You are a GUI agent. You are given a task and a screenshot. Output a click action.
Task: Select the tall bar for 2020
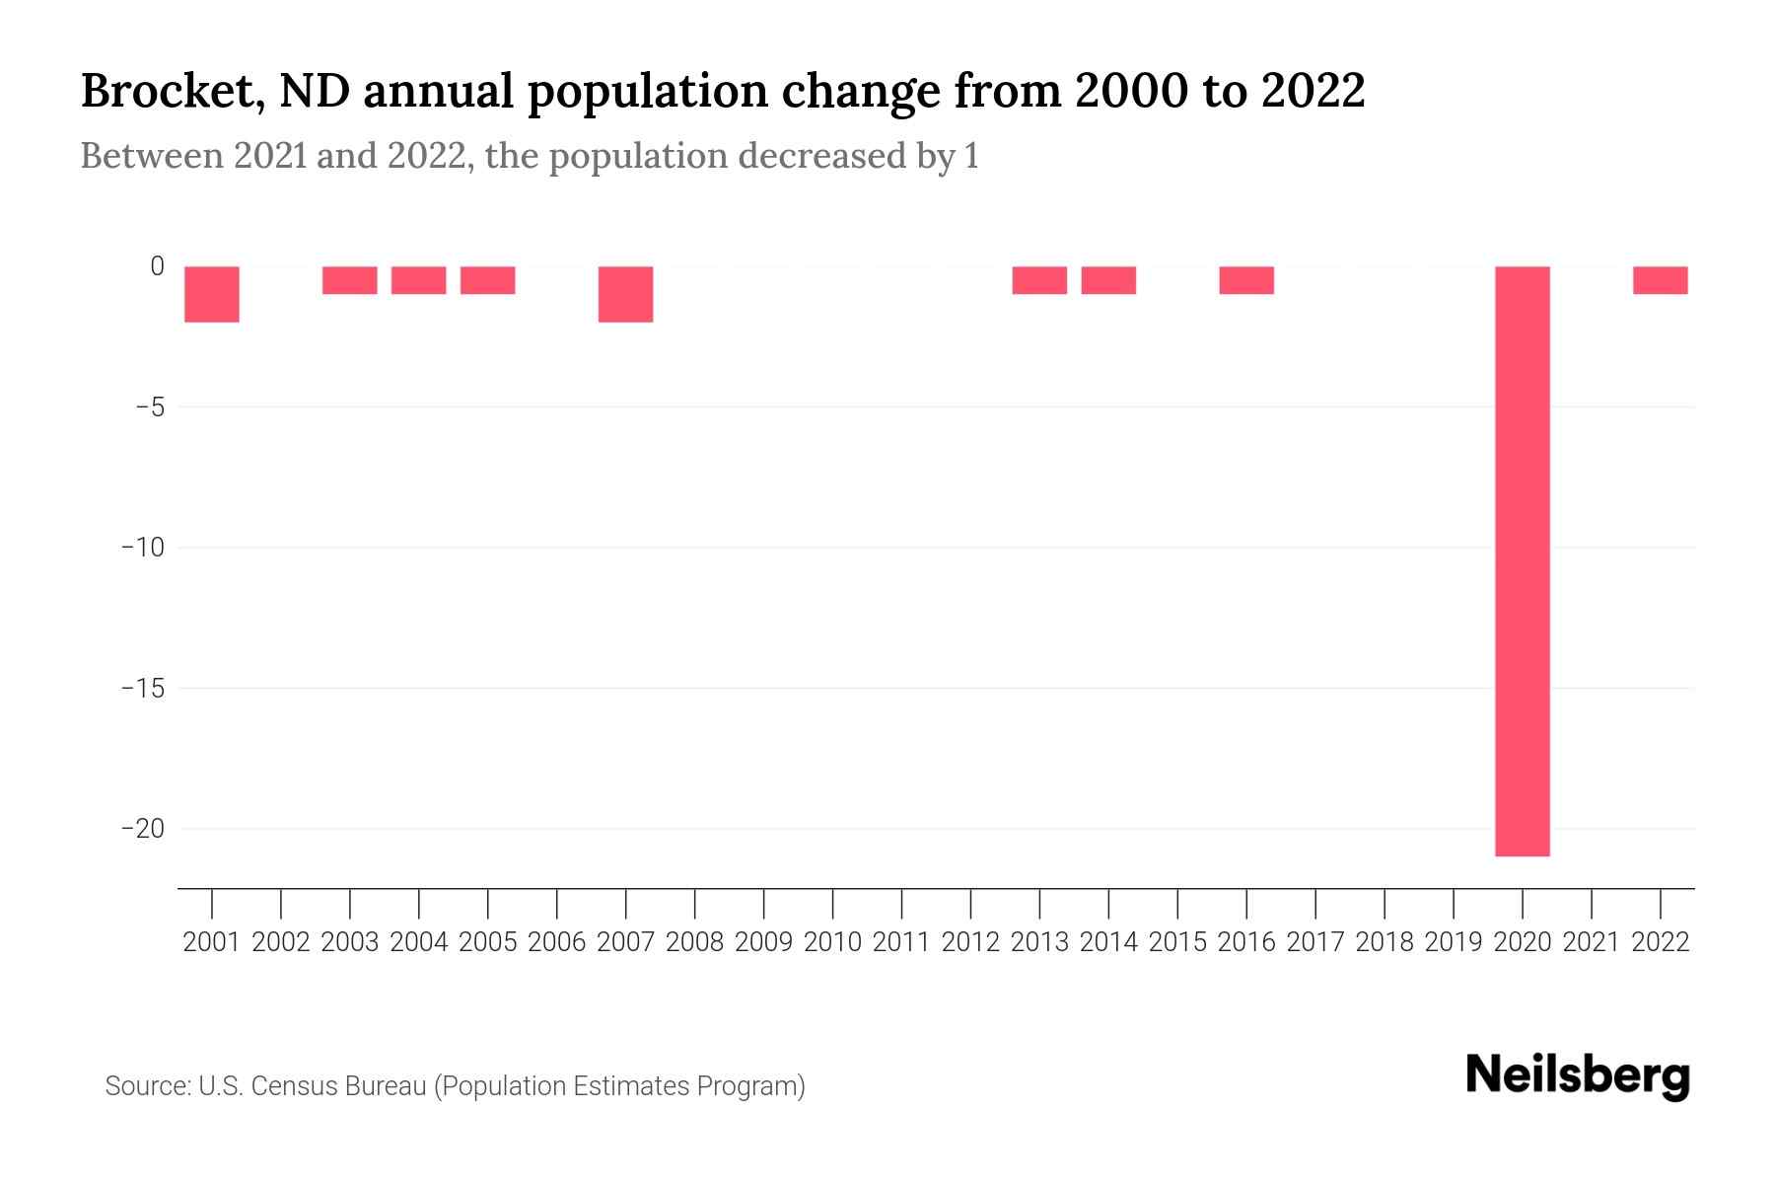click(x=1522, y=560)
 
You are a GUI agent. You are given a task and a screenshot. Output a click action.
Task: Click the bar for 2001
click(x=212, y=294)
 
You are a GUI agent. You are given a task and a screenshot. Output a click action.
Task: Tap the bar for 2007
click(x=626, y=294)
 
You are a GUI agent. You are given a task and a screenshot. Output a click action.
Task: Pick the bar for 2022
click(x=1661, y=280)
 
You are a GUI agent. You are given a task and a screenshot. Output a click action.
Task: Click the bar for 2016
click(x=1246, y=280)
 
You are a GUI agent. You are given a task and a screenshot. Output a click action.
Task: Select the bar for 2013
click(x=1039, y=280)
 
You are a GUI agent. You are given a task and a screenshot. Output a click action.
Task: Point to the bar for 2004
click(x=419, y=280)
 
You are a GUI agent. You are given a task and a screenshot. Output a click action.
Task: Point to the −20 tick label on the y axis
click(x=142, y=829)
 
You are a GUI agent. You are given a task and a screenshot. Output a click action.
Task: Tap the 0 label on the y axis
click(x=157, y=266)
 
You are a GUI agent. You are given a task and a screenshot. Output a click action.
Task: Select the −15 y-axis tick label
click(x=142, y=688)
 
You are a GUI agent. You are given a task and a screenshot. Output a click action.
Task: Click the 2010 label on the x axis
click(x=832, y=942)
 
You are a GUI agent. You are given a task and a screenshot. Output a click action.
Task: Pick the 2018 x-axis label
click(x=1384, y=942)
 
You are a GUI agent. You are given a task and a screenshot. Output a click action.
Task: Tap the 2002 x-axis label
click(x=281, y=942)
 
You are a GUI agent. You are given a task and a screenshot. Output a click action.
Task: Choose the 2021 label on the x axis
click(x=1592, y=942)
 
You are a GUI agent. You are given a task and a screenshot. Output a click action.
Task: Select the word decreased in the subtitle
click(x=821, y=157)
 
